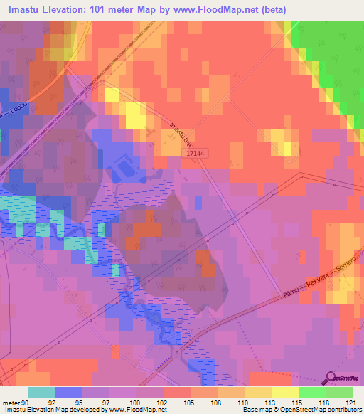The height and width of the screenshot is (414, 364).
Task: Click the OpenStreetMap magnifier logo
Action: (x=330, y=378)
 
